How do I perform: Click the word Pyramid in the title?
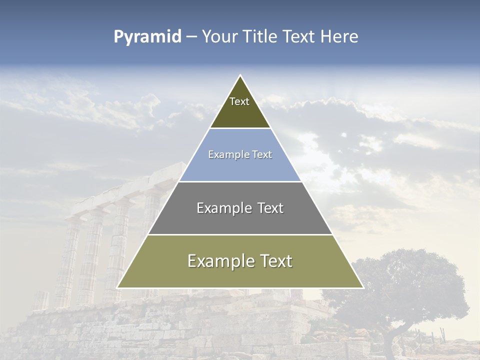tap(147, 37)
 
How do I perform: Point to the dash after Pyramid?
tap(191, 37)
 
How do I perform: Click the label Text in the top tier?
tap(239, 101)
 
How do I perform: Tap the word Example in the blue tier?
tap(223, 155)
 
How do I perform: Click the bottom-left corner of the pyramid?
tap(118, 287)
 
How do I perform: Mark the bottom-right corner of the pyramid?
tap(362, 287)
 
